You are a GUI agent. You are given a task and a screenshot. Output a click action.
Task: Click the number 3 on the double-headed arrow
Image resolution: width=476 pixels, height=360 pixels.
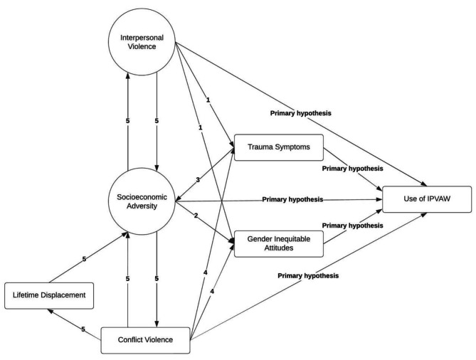tap(198, 180)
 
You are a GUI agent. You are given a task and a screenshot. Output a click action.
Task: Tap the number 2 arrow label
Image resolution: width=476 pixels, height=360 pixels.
tap(196, 216)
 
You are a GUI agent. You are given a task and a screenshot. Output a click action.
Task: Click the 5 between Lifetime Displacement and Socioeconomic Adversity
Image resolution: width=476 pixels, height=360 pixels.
tap(85, 259)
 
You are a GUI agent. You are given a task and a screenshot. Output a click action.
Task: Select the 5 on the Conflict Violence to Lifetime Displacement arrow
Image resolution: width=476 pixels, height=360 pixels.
tap(83, 329)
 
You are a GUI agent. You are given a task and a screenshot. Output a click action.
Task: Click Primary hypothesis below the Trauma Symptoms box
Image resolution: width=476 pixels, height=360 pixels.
tap(352, 169)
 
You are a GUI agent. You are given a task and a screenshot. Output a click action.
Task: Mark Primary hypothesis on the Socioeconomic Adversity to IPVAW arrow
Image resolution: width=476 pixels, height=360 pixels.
tap(292, 199)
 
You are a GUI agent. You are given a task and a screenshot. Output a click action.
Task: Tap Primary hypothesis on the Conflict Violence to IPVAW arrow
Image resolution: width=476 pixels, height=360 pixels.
tap(308, 276)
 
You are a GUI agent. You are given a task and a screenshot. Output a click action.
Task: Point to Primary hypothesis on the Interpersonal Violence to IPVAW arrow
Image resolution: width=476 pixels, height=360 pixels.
tap(300, 113)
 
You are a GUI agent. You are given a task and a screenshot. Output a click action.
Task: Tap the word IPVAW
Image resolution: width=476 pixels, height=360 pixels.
tap(439, 198)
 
